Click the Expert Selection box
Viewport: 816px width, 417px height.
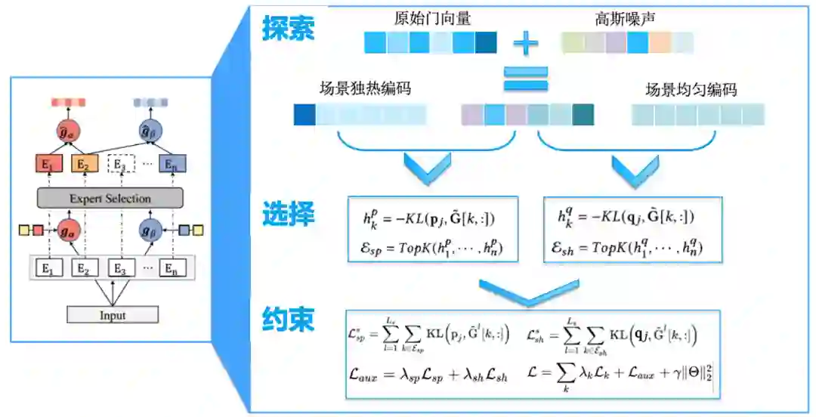[x=110, y=199]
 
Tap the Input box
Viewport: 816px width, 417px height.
[x=113, y=315]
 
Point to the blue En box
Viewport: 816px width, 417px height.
[x=172, y=163]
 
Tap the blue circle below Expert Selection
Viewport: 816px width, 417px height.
[x=149, y=228]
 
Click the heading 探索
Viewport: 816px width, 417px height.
[x=288, y=29]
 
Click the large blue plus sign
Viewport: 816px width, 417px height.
[x=526, y=42]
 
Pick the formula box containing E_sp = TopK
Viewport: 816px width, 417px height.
[x=433, y=230]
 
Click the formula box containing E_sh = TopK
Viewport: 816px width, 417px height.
[x=632, y=230]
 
